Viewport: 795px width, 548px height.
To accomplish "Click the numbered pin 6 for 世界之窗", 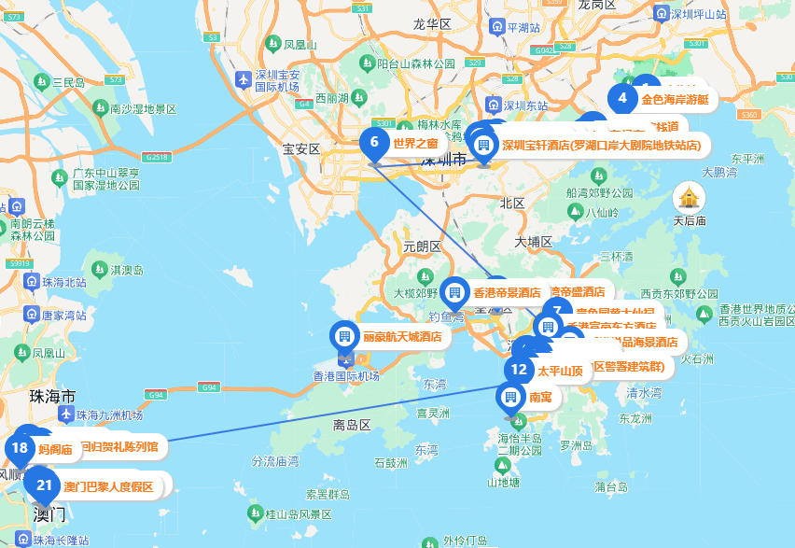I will point(374,143).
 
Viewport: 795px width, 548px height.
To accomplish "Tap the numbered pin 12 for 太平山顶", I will point(520,370).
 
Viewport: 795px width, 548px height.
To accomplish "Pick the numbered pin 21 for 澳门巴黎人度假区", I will point(44,485).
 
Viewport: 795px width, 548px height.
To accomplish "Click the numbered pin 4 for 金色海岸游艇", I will point(622,98).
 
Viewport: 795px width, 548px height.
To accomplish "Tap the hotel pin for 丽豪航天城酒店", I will point(344,336).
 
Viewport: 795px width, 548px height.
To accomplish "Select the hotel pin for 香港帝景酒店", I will point(454,292).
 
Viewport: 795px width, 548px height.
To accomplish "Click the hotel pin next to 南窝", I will point(510,397).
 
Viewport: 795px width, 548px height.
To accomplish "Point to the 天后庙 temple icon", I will point(689,197).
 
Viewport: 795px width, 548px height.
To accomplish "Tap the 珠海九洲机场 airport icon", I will point(66,415).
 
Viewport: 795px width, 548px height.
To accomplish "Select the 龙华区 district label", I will point(432,24).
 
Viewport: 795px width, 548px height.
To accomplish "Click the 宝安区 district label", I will point(301,148).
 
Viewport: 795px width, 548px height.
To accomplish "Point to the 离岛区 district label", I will point(352,425).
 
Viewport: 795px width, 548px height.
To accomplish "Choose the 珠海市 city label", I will point(52,396).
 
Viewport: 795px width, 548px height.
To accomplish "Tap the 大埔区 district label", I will point(534,241).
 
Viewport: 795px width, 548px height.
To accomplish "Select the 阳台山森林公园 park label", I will point(415,63).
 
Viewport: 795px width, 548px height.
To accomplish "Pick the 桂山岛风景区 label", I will point(299,514).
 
